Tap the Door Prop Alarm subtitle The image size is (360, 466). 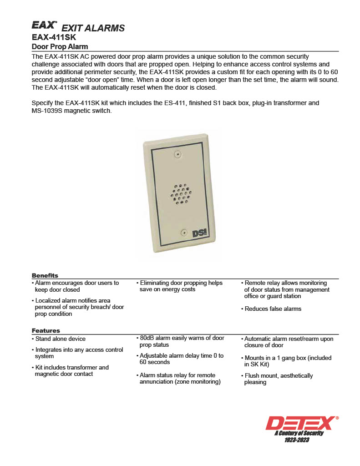click(x=60, y=47)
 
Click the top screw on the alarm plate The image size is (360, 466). click(x=177, y=155)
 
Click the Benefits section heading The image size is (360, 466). click(x=45, y=275)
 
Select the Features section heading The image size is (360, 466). click(x=46, y=330)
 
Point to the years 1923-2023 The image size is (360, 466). click(x=296, y=440)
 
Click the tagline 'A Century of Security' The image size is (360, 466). click(x=299, y=433)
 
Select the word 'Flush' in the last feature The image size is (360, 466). click(x=253, y=376)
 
